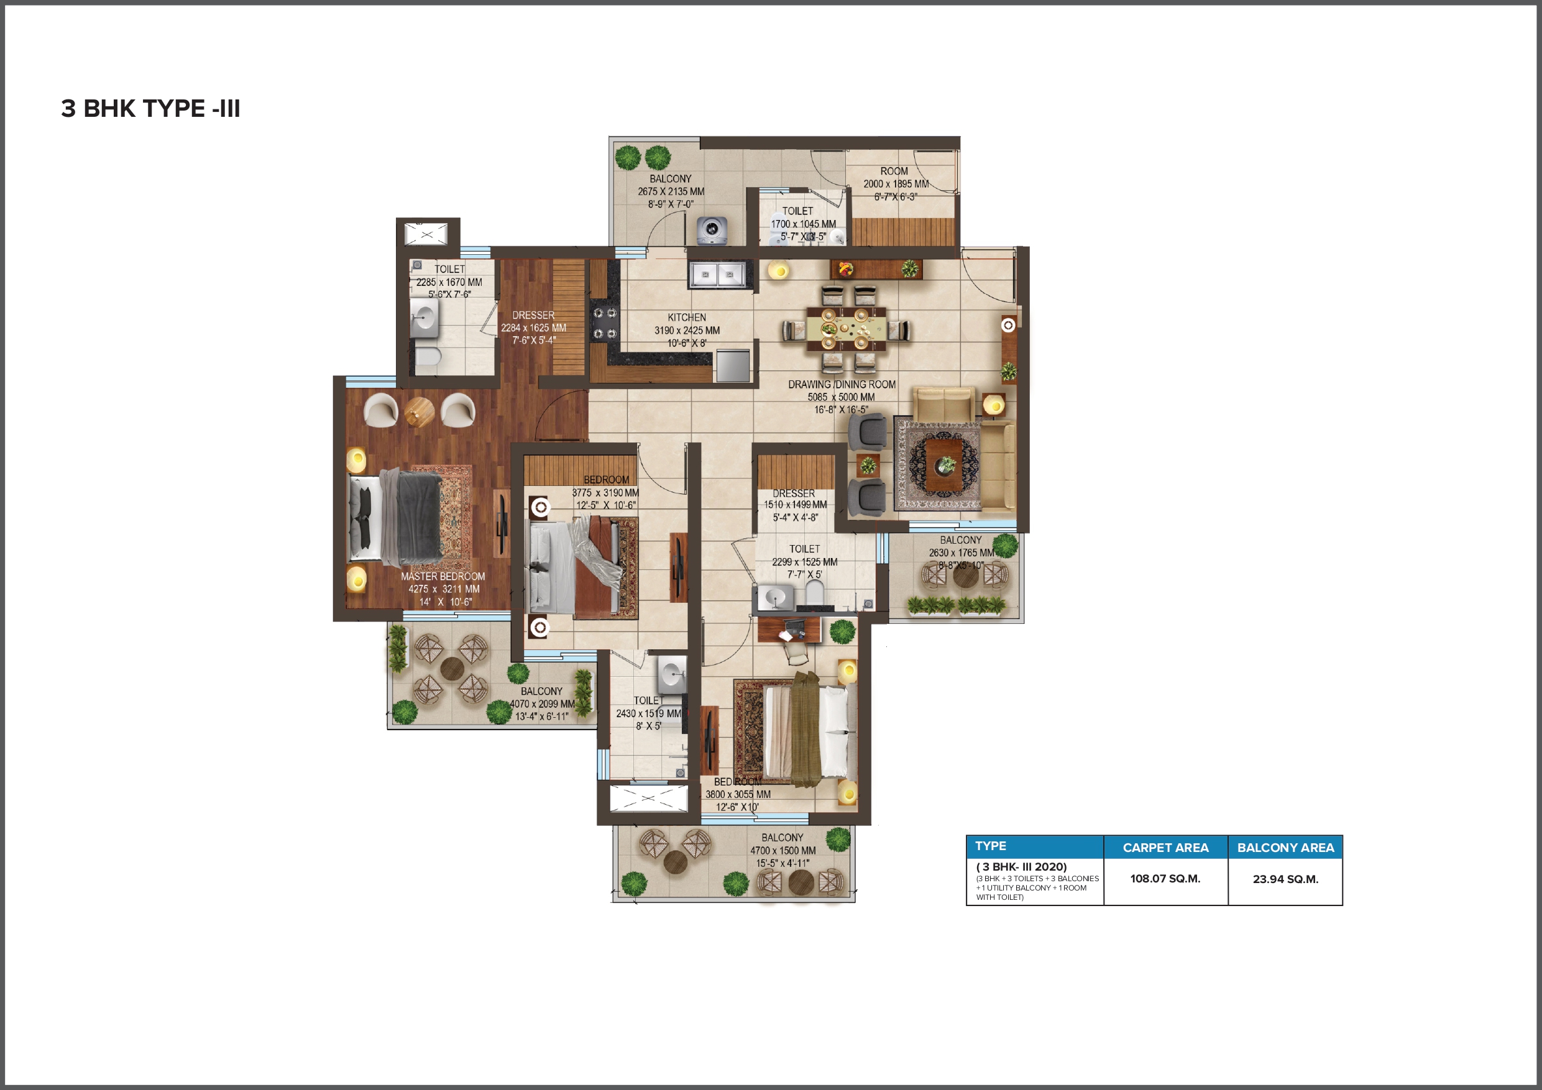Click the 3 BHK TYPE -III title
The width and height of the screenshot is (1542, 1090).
tap(150, 108)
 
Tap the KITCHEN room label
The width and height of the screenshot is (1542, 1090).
tap(686, 317)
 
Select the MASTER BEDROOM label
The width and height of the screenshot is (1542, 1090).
tap(443, 576)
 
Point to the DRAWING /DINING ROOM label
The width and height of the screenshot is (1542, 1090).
tap(842, 384)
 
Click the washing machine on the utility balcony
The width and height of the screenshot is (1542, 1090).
tap(711, 231)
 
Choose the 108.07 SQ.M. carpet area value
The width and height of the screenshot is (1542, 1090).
tap(1165, 879)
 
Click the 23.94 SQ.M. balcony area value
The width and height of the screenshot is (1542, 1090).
tap(1285, 879)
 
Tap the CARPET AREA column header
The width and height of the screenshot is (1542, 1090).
tap(1165, 848)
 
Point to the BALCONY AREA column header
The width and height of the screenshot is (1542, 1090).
tap(1285, 848)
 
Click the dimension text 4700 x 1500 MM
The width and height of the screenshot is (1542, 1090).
tap(783, 850)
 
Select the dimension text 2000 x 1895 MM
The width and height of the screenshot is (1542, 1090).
tap(896, 183)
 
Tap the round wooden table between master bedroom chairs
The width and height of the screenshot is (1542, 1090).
tap(420, 411)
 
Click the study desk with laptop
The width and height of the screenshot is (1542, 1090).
tap(789, 630)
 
